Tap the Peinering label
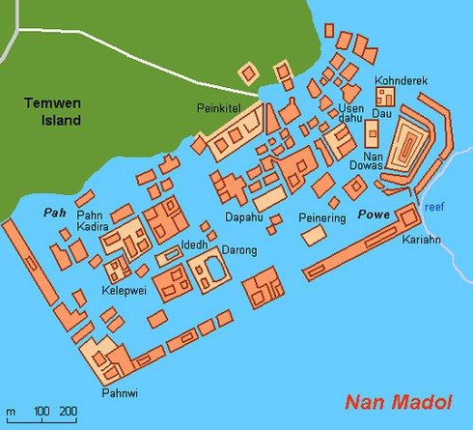[x=321, y=219]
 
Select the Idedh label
[x=195, y=244]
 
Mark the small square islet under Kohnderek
[x=385, y=96]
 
